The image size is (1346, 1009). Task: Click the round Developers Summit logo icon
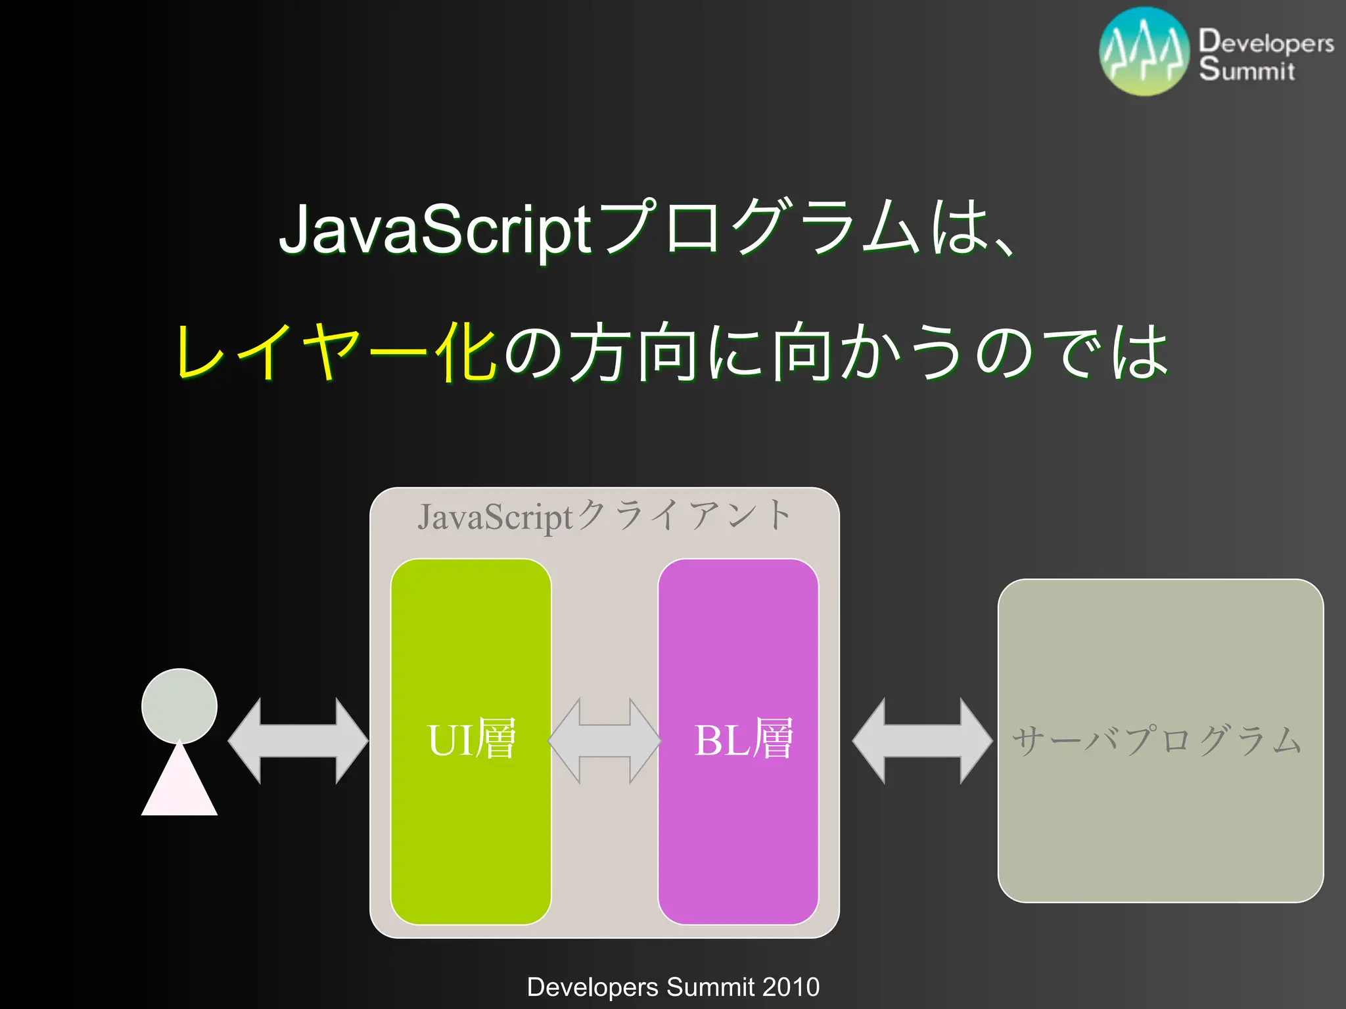1144,52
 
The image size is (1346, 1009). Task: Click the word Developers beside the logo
1266,42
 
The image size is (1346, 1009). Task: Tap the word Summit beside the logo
1247,70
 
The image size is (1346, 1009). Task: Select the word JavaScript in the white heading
436,230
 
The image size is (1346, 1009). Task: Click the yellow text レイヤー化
335,352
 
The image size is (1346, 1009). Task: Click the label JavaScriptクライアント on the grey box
605,516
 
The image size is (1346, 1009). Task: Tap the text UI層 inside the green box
471,740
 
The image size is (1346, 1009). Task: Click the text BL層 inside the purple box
743,740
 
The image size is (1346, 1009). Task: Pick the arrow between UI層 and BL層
605,741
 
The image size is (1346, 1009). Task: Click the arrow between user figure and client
298,741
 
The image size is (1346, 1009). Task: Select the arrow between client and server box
922,741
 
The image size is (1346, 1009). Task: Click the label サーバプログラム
1157,741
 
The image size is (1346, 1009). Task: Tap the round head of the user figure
179,706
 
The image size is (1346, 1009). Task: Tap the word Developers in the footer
592,987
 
